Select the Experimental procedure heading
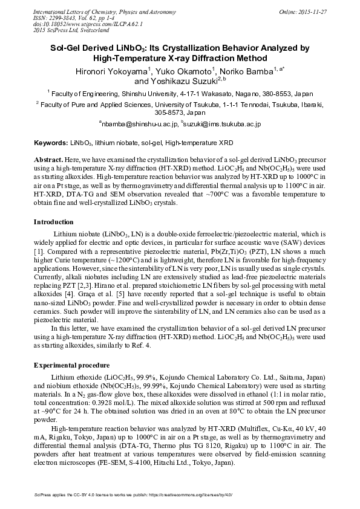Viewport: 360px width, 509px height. tap(71, 366)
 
